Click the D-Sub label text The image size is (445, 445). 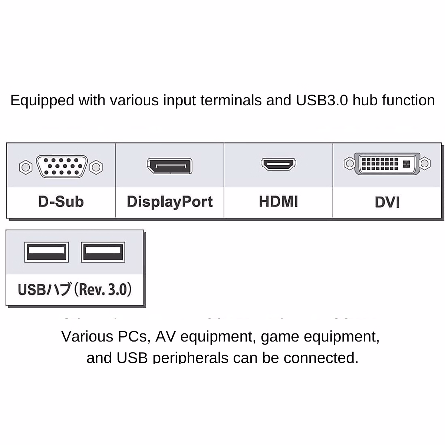[61, 202]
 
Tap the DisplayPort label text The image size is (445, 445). [169, 202]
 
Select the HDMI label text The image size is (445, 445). [278, 202]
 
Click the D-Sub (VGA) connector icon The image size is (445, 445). [62, 166]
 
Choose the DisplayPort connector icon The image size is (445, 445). [169, 166]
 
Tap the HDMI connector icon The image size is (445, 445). [278, 164]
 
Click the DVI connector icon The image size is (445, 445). [387, 164]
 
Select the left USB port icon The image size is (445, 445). [46, 252]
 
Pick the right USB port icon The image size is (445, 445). [103, 252]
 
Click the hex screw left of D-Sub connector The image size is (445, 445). [26, 167]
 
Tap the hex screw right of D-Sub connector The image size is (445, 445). [96, 167]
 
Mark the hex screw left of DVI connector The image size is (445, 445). [349, 163]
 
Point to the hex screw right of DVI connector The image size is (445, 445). [425, 163]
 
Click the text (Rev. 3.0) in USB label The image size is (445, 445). [103, 290]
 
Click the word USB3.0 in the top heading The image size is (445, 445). [322, 100]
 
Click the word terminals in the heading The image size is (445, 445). [231, 100]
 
